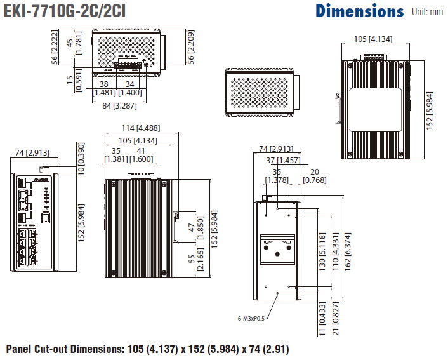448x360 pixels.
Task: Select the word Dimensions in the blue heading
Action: (359, 11)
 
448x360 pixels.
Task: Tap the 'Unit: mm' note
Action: (427, 11)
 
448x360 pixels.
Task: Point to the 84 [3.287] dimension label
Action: (119, 105)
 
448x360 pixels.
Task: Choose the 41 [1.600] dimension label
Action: (141, 155)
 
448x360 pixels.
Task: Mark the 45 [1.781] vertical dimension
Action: (74, 43)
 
